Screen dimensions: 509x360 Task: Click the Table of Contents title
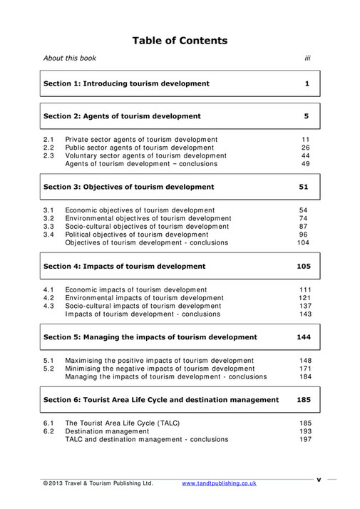click(x=180, y=41)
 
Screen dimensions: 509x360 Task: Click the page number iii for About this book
click(x=307, y=58)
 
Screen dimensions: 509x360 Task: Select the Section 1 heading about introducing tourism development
click(x=126, y=83)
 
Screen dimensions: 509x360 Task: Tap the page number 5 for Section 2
click(x=306, y=115)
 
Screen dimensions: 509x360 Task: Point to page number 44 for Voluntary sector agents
click(x=305, y=155)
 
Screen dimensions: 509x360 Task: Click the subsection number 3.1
click(x=48, y=210)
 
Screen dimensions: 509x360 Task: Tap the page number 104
click(x=304, y=242)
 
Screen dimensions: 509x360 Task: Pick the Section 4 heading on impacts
click(x=124, y=266)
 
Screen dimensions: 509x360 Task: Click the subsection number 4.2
click(x=48, y=297)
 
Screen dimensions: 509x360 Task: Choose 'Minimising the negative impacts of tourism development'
click(x=159, y=369)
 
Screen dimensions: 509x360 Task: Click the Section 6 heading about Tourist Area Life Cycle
click(x=161, y=400)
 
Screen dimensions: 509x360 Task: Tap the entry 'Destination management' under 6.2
click(x=107, y=431)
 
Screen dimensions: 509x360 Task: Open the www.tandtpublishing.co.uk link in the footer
click(x=219, y=483)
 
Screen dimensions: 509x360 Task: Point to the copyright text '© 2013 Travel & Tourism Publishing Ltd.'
click(x=98, y=483)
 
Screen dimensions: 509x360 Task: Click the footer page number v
click(x=319, y=479)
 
